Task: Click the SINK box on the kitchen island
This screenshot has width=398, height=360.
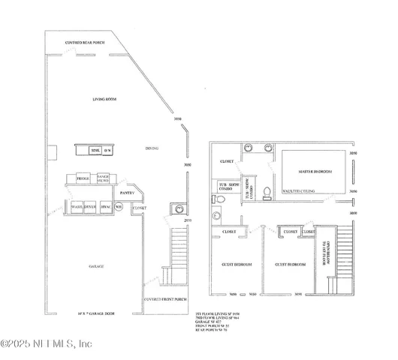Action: point(95,151)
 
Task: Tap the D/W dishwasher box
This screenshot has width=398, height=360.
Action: point(107,151)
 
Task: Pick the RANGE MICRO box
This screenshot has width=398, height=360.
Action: point(104,178)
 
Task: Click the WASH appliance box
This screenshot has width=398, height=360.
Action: point(76,205)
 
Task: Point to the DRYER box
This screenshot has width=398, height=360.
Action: point(89,205)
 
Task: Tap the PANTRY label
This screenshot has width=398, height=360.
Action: point(127,193)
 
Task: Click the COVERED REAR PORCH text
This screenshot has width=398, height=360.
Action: point(85,43)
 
